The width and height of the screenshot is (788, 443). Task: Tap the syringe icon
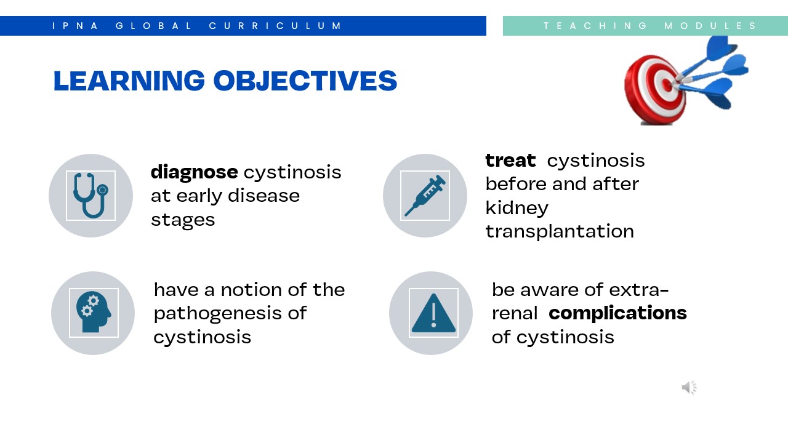(x=425, y=196)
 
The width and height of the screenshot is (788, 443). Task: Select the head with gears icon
(x=94, y=312)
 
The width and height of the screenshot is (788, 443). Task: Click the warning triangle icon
(x=433, y=313)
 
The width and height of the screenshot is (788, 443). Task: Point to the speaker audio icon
(x=689, y=388)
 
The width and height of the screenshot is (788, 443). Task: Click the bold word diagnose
(x=194, y=172)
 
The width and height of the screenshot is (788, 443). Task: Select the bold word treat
(x=510, y=161)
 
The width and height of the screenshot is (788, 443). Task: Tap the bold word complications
(x=617, y=313)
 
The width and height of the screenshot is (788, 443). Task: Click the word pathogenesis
(x=218, y=314)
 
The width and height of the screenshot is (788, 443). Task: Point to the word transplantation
(x=560, y=232)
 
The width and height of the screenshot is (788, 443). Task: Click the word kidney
(x=517, y=208)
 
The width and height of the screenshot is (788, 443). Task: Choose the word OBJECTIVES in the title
(x=305, y=81)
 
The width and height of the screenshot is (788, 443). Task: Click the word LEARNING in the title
(x=129, y=81)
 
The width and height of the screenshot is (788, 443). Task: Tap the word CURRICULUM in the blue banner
(x=275, y=26)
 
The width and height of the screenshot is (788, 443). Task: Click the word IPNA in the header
(x=75, y=26)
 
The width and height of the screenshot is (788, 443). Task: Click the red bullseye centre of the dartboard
(x=667, y=85)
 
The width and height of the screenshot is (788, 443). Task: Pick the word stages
(x=183, y=221)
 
